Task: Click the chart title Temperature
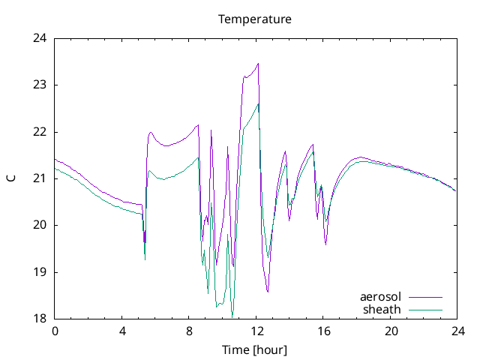tap(254, 18)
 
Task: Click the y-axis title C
tap(11, 178)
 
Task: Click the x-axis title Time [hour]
tap(254, 350)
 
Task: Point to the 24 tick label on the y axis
tap(40, 38)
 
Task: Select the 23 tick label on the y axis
tap(40, 85)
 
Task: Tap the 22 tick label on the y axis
tap(40, 132)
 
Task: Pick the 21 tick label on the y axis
tap(40, 178)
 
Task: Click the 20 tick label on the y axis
tap(40, 225)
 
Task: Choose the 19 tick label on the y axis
tap(40, 272)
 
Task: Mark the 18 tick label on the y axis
tap(40, 319)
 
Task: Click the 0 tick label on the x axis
tap(55, 331)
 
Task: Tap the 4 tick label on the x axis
tap(122, 331)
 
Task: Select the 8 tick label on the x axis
tap(189, 331)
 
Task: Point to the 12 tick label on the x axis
tap(256, 331)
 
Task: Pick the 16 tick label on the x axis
tap(323, 331)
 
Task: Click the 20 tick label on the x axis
tap(390, 331)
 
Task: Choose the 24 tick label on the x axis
tap(457, 331)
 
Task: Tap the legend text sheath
tap(382, 309)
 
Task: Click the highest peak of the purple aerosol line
tap(258, 63)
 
